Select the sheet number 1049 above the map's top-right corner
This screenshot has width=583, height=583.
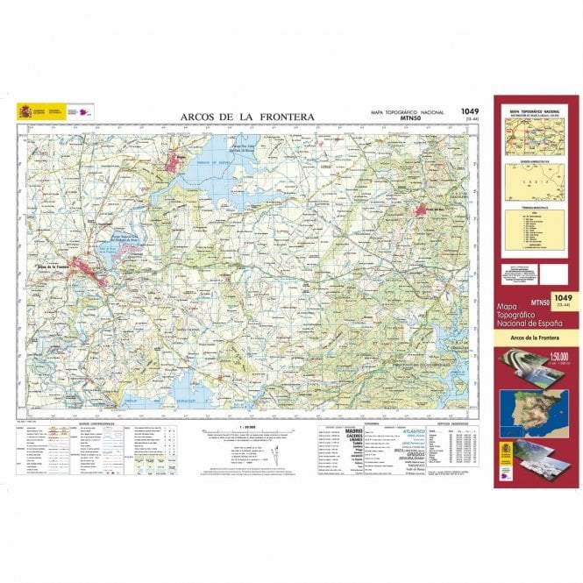click(469, 111)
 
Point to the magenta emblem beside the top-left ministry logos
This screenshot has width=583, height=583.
click(86, 111)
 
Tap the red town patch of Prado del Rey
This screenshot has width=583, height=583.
click(431, 210)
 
